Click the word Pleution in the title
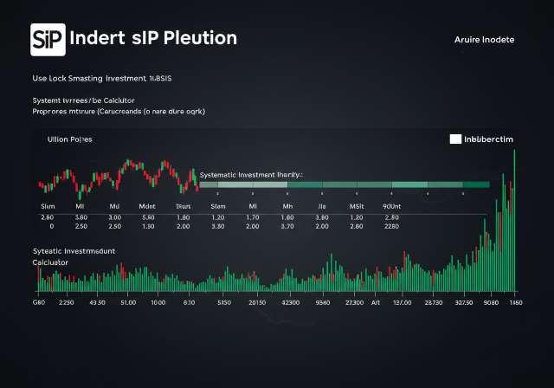coord(199,39)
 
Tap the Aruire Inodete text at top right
coord(484,40)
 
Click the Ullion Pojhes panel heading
coord(69,139)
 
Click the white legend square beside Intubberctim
coord(455,139)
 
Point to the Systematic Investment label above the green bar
coord(251,174)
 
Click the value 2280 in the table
coord(390,226)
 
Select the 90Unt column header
coord(391,207)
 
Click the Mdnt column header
coord(148,207)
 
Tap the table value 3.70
coord(288,226)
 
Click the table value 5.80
coord(148,217)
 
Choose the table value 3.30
coord(218,226)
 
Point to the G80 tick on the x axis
coord(38,304)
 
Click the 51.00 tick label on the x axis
coord(128,304)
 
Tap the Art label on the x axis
coord(376,304)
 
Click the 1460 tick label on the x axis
coord(517,304)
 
